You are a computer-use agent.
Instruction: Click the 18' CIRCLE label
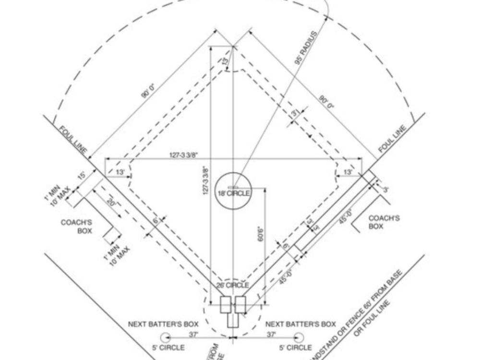pos(234,193)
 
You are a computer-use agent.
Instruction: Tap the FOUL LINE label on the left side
pos(73,140)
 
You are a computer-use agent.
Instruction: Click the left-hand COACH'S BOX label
pos(76,227)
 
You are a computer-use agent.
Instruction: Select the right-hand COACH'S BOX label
pos(384,222)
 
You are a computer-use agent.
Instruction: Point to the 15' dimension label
pos(82,176)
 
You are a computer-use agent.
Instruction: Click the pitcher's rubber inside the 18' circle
pos(234,187)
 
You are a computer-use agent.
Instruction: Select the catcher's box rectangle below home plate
pos(233,319)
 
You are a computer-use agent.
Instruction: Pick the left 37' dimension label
pos(193,334)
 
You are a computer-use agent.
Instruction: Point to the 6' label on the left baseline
pos(156,221)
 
